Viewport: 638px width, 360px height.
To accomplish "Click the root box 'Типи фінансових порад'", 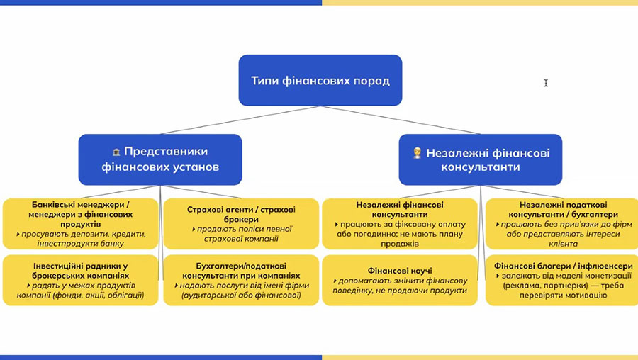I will [320, 80].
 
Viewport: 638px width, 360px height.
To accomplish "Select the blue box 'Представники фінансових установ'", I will [160, 159].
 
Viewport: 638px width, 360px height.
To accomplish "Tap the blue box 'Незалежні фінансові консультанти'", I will [480, 159].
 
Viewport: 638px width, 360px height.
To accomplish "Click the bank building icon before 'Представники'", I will [116, 152].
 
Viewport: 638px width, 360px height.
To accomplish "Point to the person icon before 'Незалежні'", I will [418, 152].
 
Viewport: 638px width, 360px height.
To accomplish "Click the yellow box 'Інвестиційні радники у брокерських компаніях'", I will [81, 280].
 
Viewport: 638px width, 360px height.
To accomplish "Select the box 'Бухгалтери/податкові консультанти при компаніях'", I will [241, 280].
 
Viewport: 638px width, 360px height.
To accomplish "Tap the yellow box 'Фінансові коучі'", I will [401, 280].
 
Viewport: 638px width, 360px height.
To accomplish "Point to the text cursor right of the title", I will [546, 83].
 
